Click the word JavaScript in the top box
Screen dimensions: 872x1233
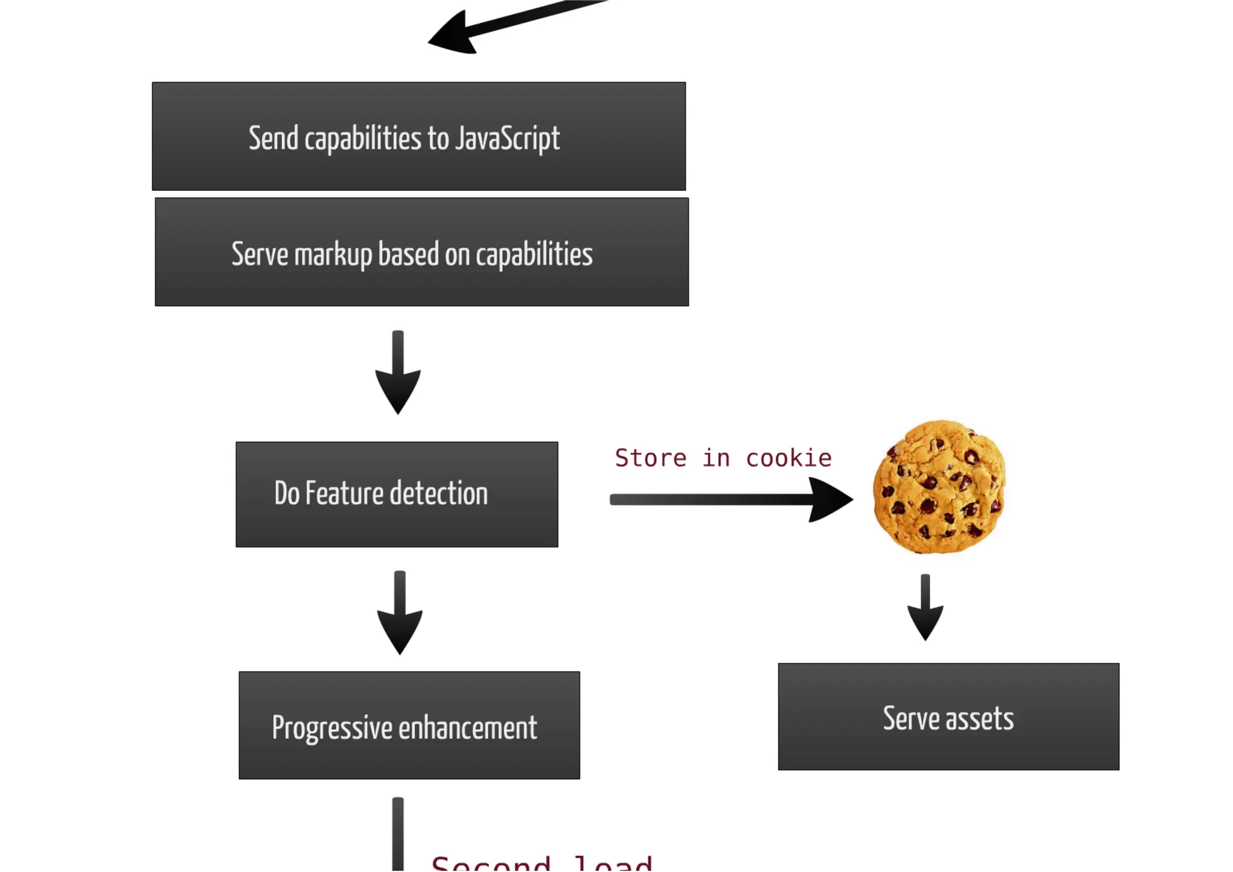(507, 139)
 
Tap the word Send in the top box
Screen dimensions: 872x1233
(273, 139)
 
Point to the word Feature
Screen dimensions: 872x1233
(341, 494)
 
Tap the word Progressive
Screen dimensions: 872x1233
(332, 728)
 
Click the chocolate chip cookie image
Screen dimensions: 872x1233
(939, 487)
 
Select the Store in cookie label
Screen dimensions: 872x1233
(723, 459)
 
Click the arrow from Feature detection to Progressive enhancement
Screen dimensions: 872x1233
(400, 613)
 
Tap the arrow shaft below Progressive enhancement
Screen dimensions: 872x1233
(397, 834)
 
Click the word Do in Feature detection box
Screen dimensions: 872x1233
(287, 494)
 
